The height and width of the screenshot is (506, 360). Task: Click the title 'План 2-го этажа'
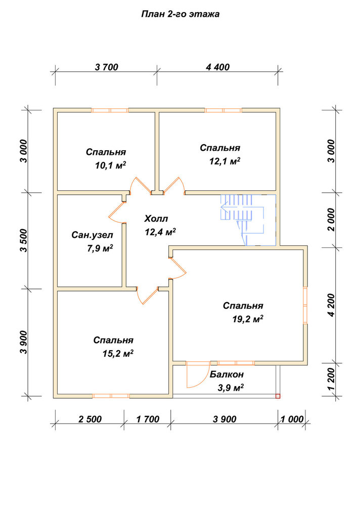click(x=181, y=14)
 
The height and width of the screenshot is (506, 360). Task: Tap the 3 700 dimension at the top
click(x=107, y=67)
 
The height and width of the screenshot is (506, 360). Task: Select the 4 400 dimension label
click(x=217, y=67)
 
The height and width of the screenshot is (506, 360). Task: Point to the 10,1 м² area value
click(x=110, y=165)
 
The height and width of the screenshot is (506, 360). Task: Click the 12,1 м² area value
click(x=225, y=161)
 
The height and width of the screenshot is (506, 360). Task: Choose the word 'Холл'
click(x=156, y=219)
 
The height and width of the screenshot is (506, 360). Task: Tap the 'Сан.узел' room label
click(x=92, y=235)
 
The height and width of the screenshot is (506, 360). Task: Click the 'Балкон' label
click(x=227, y=374)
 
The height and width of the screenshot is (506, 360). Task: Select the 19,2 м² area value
click(x=248, y=319)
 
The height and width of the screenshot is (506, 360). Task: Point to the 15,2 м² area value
click(x=118, y=354)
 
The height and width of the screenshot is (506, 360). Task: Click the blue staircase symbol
click(x=248, y=220)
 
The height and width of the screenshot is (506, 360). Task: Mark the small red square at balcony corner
click(x=278, y=396)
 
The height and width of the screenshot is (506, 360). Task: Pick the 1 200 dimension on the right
click(x=332, y=379)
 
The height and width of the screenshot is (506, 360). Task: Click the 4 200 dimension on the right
click(x=332, y=305)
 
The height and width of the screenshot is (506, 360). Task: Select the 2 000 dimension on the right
click(x=332, y=220)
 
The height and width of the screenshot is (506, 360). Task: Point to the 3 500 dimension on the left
click(x=24, y=240)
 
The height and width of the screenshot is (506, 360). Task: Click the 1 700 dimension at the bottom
click(x=148, y=419)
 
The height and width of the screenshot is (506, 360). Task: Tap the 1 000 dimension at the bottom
click(x=292, y=419)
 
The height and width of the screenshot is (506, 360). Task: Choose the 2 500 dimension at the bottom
click(x=90, y=419)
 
